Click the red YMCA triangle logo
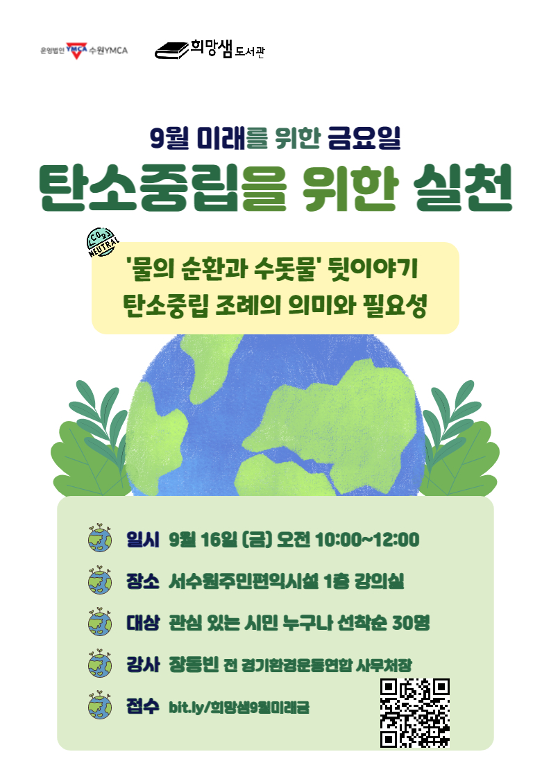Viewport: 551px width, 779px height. (x=77, y=50)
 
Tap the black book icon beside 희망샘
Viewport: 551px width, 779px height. (x=171, y=50)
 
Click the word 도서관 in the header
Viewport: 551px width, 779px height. (x=250, y=51)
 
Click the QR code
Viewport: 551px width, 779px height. (x=415, y=713)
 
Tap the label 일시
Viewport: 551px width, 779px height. (x=143, y=539)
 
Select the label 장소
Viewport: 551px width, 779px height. (x=143, y=581)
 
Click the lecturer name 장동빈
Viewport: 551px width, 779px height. (x=193, y=665)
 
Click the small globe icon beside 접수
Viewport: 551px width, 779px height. (x=100, y=706)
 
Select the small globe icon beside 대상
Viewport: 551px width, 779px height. (x=100, y=622)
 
